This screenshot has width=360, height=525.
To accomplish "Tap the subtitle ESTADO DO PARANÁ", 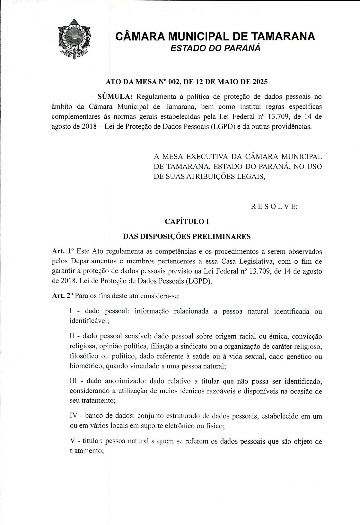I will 215,48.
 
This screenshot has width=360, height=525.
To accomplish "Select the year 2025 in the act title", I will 259,82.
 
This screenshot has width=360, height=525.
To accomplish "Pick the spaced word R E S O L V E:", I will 274,207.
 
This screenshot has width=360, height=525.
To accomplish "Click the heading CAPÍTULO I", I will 187,222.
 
